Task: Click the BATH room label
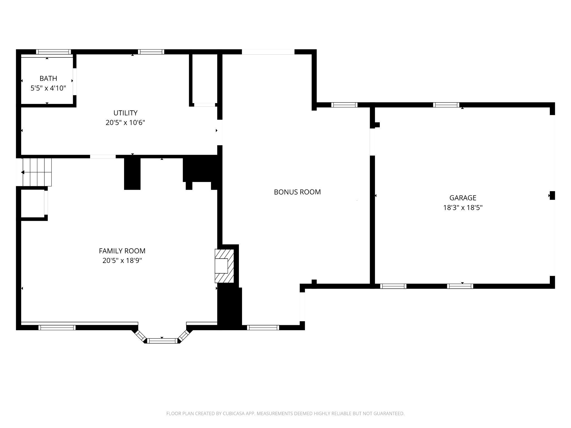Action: [48, 78]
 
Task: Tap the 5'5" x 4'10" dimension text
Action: [48, 88]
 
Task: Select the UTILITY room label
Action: [125, 113]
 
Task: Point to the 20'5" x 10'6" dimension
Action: [125, 123]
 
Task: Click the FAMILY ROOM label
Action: [122, 251]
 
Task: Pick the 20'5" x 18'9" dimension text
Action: [122, 261]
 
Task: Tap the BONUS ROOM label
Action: [297, 192]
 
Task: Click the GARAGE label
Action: [463, 198]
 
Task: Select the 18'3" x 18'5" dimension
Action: [463, 208]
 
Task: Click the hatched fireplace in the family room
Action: [224, 266]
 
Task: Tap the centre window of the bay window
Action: [162, 341]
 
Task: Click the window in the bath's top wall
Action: [53, 52]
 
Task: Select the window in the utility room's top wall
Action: [151, 52]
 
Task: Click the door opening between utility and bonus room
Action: [220, 132]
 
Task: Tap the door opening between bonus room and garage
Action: [372, 142]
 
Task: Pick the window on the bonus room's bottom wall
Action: [263, 328]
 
